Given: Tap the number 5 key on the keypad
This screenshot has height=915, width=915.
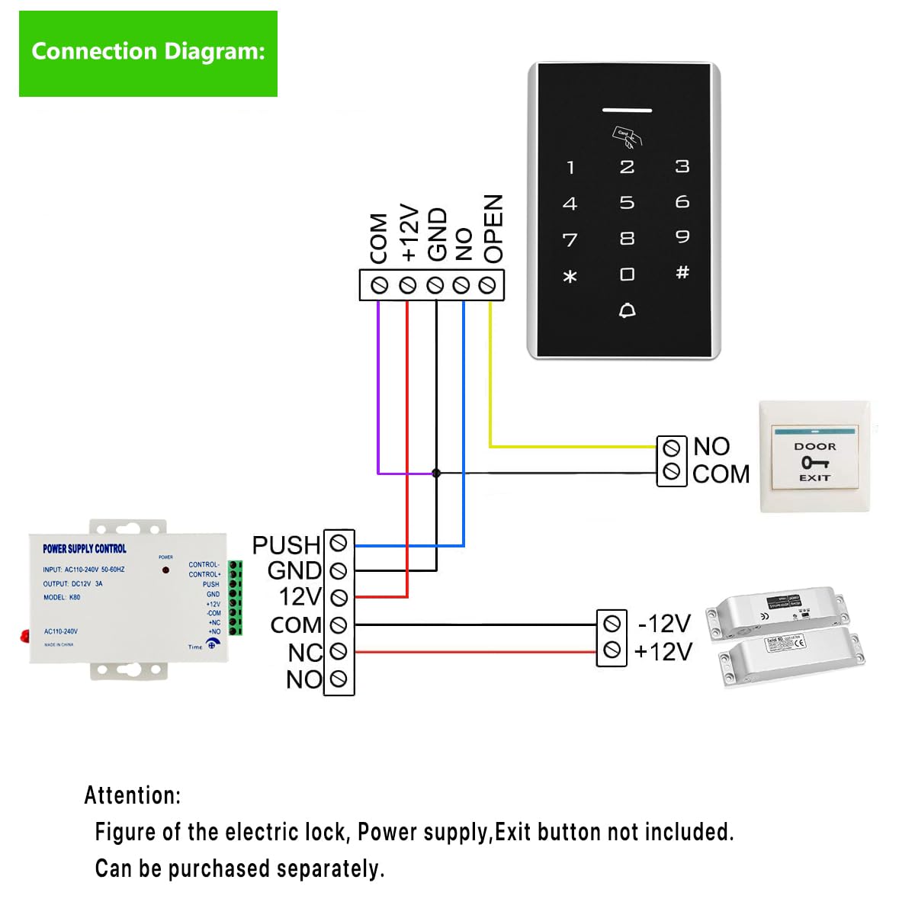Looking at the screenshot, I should (627, 203).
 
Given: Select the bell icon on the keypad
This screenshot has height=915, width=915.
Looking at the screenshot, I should (627, 310).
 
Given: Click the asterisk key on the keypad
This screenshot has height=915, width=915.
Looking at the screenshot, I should (570, 276).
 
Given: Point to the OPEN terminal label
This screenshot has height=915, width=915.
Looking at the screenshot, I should (493, 229).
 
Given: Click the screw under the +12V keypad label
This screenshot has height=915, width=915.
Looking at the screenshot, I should (407, 285).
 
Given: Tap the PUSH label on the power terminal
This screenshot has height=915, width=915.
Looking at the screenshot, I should (286, 545).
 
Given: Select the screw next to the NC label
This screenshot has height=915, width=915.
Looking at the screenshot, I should (339, 651).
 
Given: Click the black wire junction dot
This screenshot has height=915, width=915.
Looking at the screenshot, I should (436, 474).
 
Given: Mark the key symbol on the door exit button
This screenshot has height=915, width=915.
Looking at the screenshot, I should (814, 462).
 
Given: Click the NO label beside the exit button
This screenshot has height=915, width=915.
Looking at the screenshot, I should (711, 447).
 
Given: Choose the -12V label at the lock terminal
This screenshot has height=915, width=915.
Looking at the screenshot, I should (664, 624).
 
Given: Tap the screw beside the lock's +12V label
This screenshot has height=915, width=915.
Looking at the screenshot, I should (611, 650).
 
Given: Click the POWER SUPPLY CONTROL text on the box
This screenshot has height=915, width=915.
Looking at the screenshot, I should (85, 548).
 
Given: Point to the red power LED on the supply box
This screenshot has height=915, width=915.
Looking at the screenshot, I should (165, 570).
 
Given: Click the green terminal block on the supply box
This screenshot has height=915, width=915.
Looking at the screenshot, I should (236, 598).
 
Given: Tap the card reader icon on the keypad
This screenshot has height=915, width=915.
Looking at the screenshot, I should (627, 136).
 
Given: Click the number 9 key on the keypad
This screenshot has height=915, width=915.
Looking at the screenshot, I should (682, 237).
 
